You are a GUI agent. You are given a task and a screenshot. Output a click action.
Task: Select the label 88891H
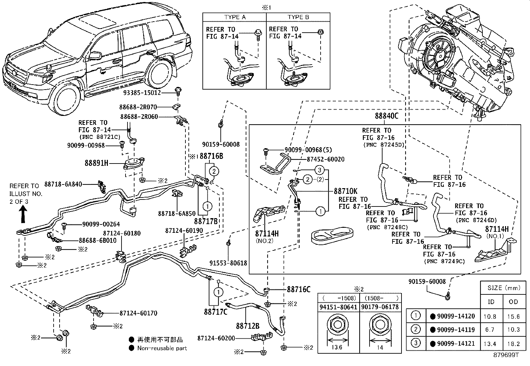point(97,164)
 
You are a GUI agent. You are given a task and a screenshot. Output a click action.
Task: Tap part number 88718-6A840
point(63,184)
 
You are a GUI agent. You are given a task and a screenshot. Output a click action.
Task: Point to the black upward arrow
point(23,214)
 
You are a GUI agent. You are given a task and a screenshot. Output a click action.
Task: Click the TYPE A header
point(235,17)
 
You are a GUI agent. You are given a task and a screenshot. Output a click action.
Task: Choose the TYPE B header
point(298,17)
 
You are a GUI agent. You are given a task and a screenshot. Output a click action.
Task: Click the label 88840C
point(387,116)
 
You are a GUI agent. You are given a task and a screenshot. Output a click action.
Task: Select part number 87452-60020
point(323,159)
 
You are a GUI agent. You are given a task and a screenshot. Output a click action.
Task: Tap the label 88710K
point(345,191)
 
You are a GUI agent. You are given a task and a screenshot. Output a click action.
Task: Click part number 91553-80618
point(228,263)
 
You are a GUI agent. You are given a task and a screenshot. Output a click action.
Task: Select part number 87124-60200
point(216,338)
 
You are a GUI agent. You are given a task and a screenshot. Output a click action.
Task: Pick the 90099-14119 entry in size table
point(456,330)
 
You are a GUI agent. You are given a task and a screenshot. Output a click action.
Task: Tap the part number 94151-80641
point(338,307)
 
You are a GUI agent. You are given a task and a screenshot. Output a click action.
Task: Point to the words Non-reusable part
point(162,348)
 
